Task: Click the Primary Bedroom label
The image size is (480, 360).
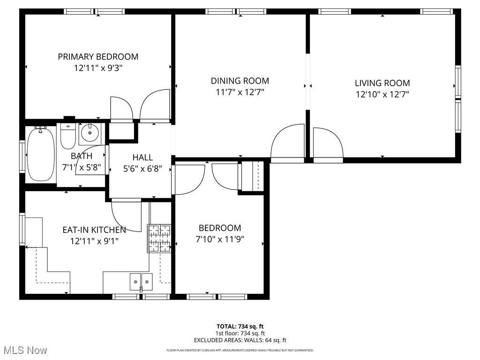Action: pyautogui.click(x=98, y=57)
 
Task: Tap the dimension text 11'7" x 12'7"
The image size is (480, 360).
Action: pyautogui.click(x=240, y=92)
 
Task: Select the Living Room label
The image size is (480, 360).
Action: pyautogui.click(x=382, y=83)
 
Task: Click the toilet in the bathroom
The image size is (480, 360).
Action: pyautogui.click(x=68, y=135)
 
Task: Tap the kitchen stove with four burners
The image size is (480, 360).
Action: pyautogui.click(x=159, y=239)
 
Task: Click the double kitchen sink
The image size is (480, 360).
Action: pyautogui.click(x=141, y=281)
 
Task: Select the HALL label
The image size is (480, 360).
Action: pyautogui.click(x=142, y=157)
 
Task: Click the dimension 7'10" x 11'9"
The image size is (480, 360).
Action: pyautogui.click(x=220, y=239)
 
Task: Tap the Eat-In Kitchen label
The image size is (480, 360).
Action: pyautogui.click(x=94, y=230)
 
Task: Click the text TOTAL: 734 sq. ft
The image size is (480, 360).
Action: pyautogui.click(x=240, y=326)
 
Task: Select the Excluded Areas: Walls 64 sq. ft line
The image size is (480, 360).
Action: pyautogui.click(x=240, y=340)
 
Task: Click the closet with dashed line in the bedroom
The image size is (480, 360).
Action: pyautogui.click(x=252, y=176)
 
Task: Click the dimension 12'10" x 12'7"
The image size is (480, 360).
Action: pyautogui.click(x=382, y=94)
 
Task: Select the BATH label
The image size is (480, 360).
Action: pyautogui.click(x=82, y=156)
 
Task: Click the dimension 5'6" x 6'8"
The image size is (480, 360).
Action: pyautogui.click(x=142, y=169)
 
